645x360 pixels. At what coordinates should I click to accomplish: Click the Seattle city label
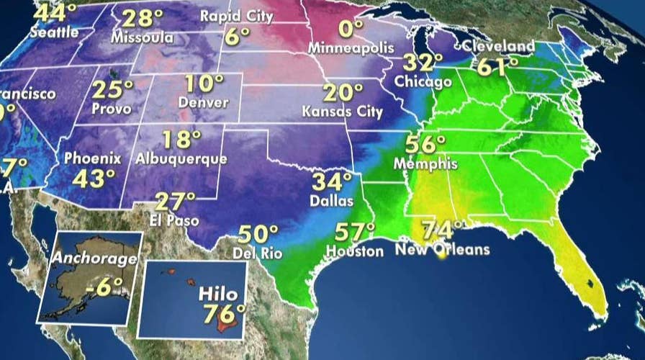click(53, 33)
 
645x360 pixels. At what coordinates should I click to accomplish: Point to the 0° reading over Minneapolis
click(351, 30)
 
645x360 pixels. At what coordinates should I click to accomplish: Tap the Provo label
click(112, 109)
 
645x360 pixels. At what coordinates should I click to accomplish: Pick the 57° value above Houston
click(355, 233)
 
